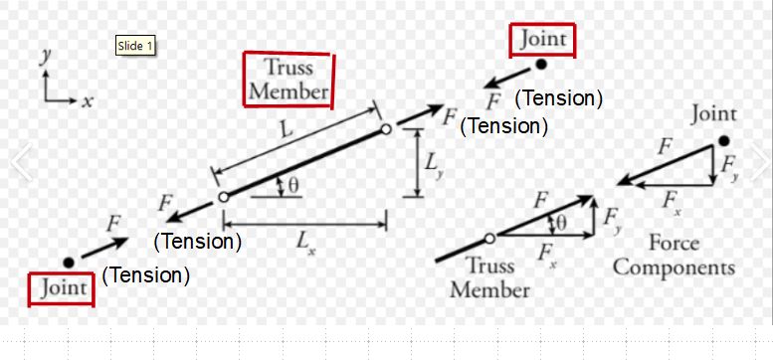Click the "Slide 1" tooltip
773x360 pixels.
[136, 45]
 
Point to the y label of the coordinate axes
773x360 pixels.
[45, 57]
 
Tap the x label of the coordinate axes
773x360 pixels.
[88, 101]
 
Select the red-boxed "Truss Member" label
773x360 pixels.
[289, 80]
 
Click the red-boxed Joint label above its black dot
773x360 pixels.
[542, 40]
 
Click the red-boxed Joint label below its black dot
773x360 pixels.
[62, 288]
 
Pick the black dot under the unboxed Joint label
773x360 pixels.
[723, 141]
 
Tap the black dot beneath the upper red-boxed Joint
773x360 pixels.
[541, 66]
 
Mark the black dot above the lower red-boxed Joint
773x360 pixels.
[68, 263]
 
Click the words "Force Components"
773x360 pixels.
[674, 256]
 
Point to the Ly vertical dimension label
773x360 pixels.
[435, 165]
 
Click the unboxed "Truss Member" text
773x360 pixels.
[489, 278]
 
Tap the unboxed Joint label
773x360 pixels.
[713, 115]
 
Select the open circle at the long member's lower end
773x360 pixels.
[223, 196]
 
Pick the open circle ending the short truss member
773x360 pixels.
[489, 238]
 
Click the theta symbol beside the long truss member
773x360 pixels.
[294, 183]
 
